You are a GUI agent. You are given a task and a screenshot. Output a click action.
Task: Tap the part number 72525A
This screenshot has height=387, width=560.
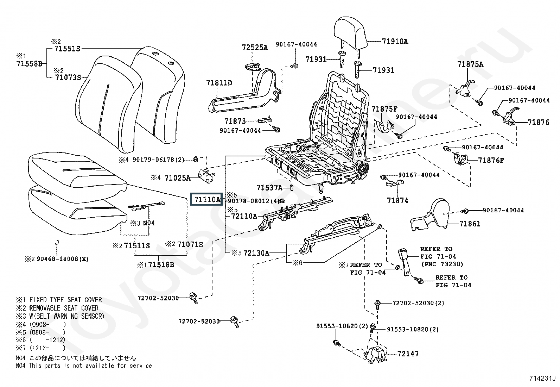[255, 48]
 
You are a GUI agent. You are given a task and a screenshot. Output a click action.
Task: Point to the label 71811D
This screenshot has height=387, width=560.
[219, 83]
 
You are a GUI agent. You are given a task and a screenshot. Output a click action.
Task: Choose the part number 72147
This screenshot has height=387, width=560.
[408, 354]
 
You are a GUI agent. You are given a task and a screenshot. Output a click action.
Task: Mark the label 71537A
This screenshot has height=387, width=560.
[269, 188]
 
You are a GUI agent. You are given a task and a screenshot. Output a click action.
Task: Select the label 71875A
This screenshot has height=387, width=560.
[470, 64]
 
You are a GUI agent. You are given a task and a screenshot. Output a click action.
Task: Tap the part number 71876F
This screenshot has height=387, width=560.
[491, 161]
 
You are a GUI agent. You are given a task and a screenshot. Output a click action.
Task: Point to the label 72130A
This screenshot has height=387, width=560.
[256, 253]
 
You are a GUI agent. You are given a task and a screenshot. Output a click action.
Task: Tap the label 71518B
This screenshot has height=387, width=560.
[161, 264]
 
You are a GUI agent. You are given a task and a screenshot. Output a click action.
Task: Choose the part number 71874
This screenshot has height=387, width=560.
[397, 200]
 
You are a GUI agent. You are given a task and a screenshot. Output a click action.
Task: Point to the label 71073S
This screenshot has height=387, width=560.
[68, 77]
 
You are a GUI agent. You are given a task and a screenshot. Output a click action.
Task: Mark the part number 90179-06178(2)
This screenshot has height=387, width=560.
[158, 160]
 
